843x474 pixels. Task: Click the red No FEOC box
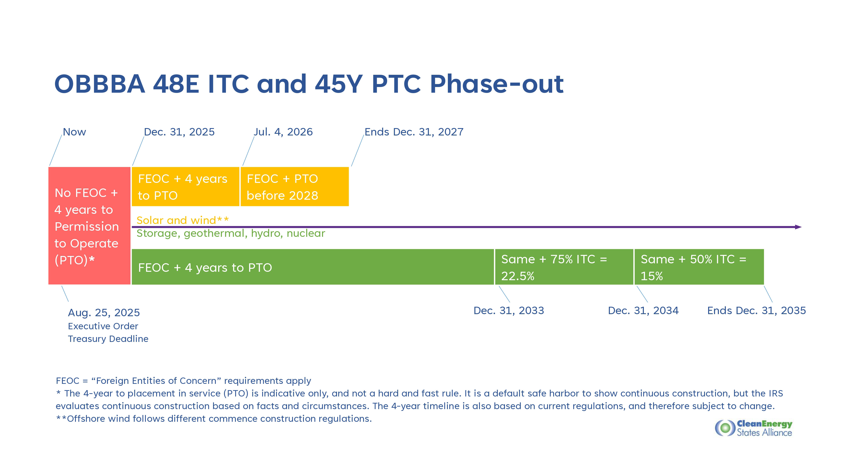[89, 226]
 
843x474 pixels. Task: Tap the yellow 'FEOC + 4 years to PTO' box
[185, 186]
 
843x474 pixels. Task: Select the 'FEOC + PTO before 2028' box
[295, 186]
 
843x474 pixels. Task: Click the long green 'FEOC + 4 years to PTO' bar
[313, 267]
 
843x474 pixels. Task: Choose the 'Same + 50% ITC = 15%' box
[699, 267]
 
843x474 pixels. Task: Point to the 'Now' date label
[74, 132]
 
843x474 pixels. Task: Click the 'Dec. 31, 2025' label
[179, 132]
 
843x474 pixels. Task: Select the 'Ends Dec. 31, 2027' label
[414, 132]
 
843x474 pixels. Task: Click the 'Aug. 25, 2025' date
[104, 313]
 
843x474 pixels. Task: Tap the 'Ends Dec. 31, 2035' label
[757, 311]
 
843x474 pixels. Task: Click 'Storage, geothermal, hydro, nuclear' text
[231, 234]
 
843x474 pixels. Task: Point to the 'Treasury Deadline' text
[108, 339]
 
